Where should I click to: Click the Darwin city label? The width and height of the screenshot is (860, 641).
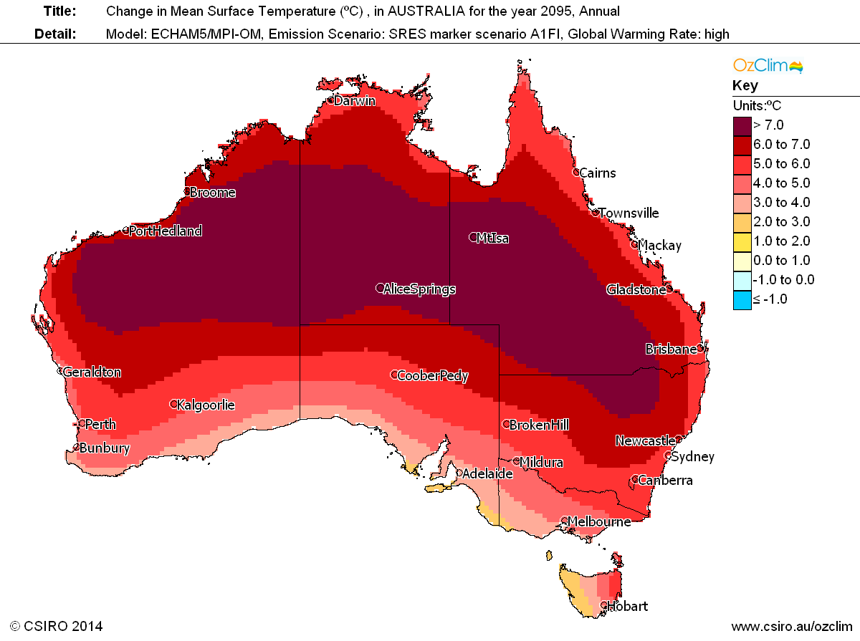[355, 101]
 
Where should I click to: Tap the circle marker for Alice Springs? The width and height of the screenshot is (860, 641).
[380, 289]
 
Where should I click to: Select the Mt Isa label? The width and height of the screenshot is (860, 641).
[492, 238]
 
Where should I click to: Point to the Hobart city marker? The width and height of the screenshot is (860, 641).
[603, 605]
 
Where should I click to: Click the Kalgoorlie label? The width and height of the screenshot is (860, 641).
[206, 405]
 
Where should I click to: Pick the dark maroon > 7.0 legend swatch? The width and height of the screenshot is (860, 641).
[742, 125]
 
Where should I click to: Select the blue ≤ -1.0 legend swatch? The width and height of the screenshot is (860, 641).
[742, 299]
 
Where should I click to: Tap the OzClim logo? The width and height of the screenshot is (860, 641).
[768, 66]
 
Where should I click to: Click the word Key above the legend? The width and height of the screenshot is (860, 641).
[745, 86]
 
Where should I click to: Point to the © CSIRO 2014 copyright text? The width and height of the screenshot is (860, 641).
[57, 626]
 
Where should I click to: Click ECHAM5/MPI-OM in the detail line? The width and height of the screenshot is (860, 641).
[201, 34]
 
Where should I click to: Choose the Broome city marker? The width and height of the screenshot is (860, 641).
[186, 191]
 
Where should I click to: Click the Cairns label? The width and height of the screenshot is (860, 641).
[597, 173]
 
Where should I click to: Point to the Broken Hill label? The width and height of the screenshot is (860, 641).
[539, 425]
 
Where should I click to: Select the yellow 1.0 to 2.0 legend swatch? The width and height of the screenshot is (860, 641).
[742, 241]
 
